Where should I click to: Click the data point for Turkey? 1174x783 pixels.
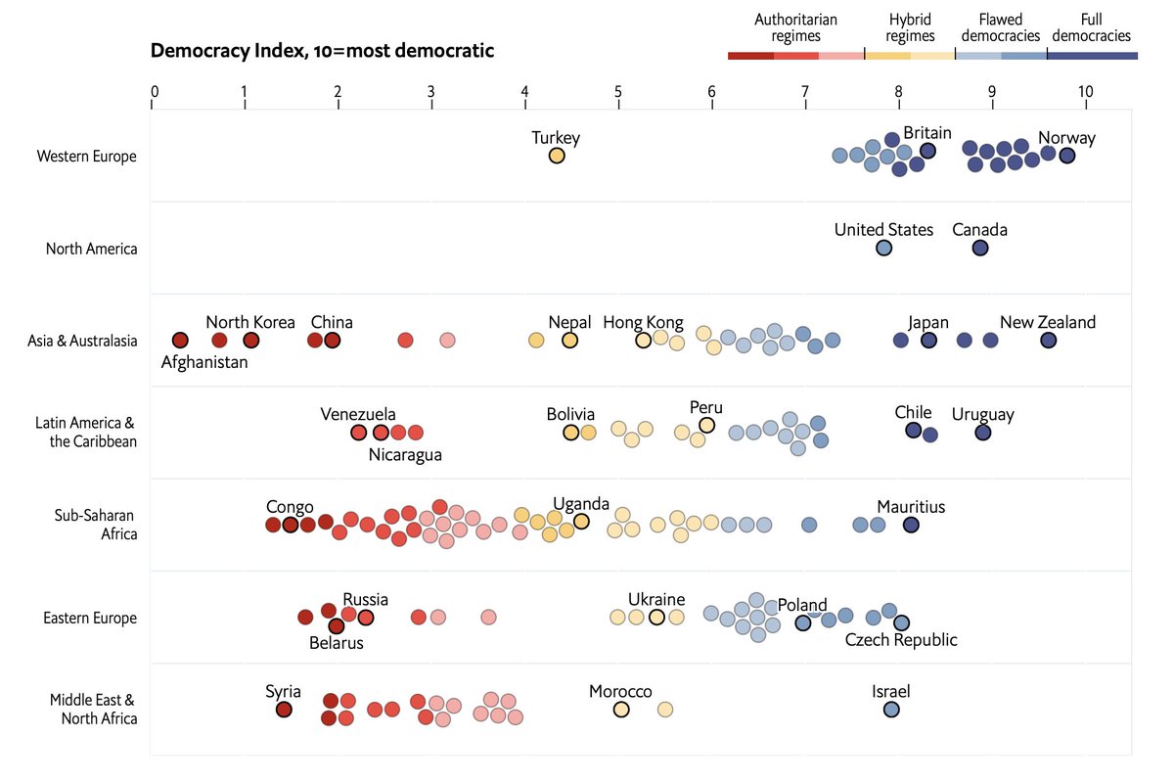pos(556,156)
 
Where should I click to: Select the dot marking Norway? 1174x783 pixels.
pos(1066,156)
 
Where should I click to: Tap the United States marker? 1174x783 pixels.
pos(883,249)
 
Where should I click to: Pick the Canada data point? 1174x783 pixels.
pos(980,249)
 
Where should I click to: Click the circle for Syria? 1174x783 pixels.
pos(284,710)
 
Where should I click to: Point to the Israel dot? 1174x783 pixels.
pos(891,710)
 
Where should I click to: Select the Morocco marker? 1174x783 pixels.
pos(621,710)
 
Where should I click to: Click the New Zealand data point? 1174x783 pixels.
pos(1048,341)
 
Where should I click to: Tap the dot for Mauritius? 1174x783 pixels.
pos(911,526)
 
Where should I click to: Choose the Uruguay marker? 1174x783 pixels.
pos(983,433)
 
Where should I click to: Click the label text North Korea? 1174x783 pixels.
pos(250,322)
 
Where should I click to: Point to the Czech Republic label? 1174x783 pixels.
pos(901,640)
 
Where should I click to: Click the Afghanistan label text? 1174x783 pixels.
pos(204,362)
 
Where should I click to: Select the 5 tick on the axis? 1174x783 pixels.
pos(618,92)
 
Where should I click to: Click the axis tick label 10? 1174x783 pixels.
pos(1085,92)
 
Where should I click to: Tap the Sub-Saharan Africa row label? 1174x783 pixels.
pos(96,525)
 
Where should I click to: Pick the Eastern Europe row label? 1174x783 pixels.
pos(90,618)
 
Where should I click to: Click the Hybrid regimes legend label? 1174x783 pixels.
pos(910,27)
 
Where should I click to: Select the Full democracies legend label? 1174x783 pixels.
pos(1092,27)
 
